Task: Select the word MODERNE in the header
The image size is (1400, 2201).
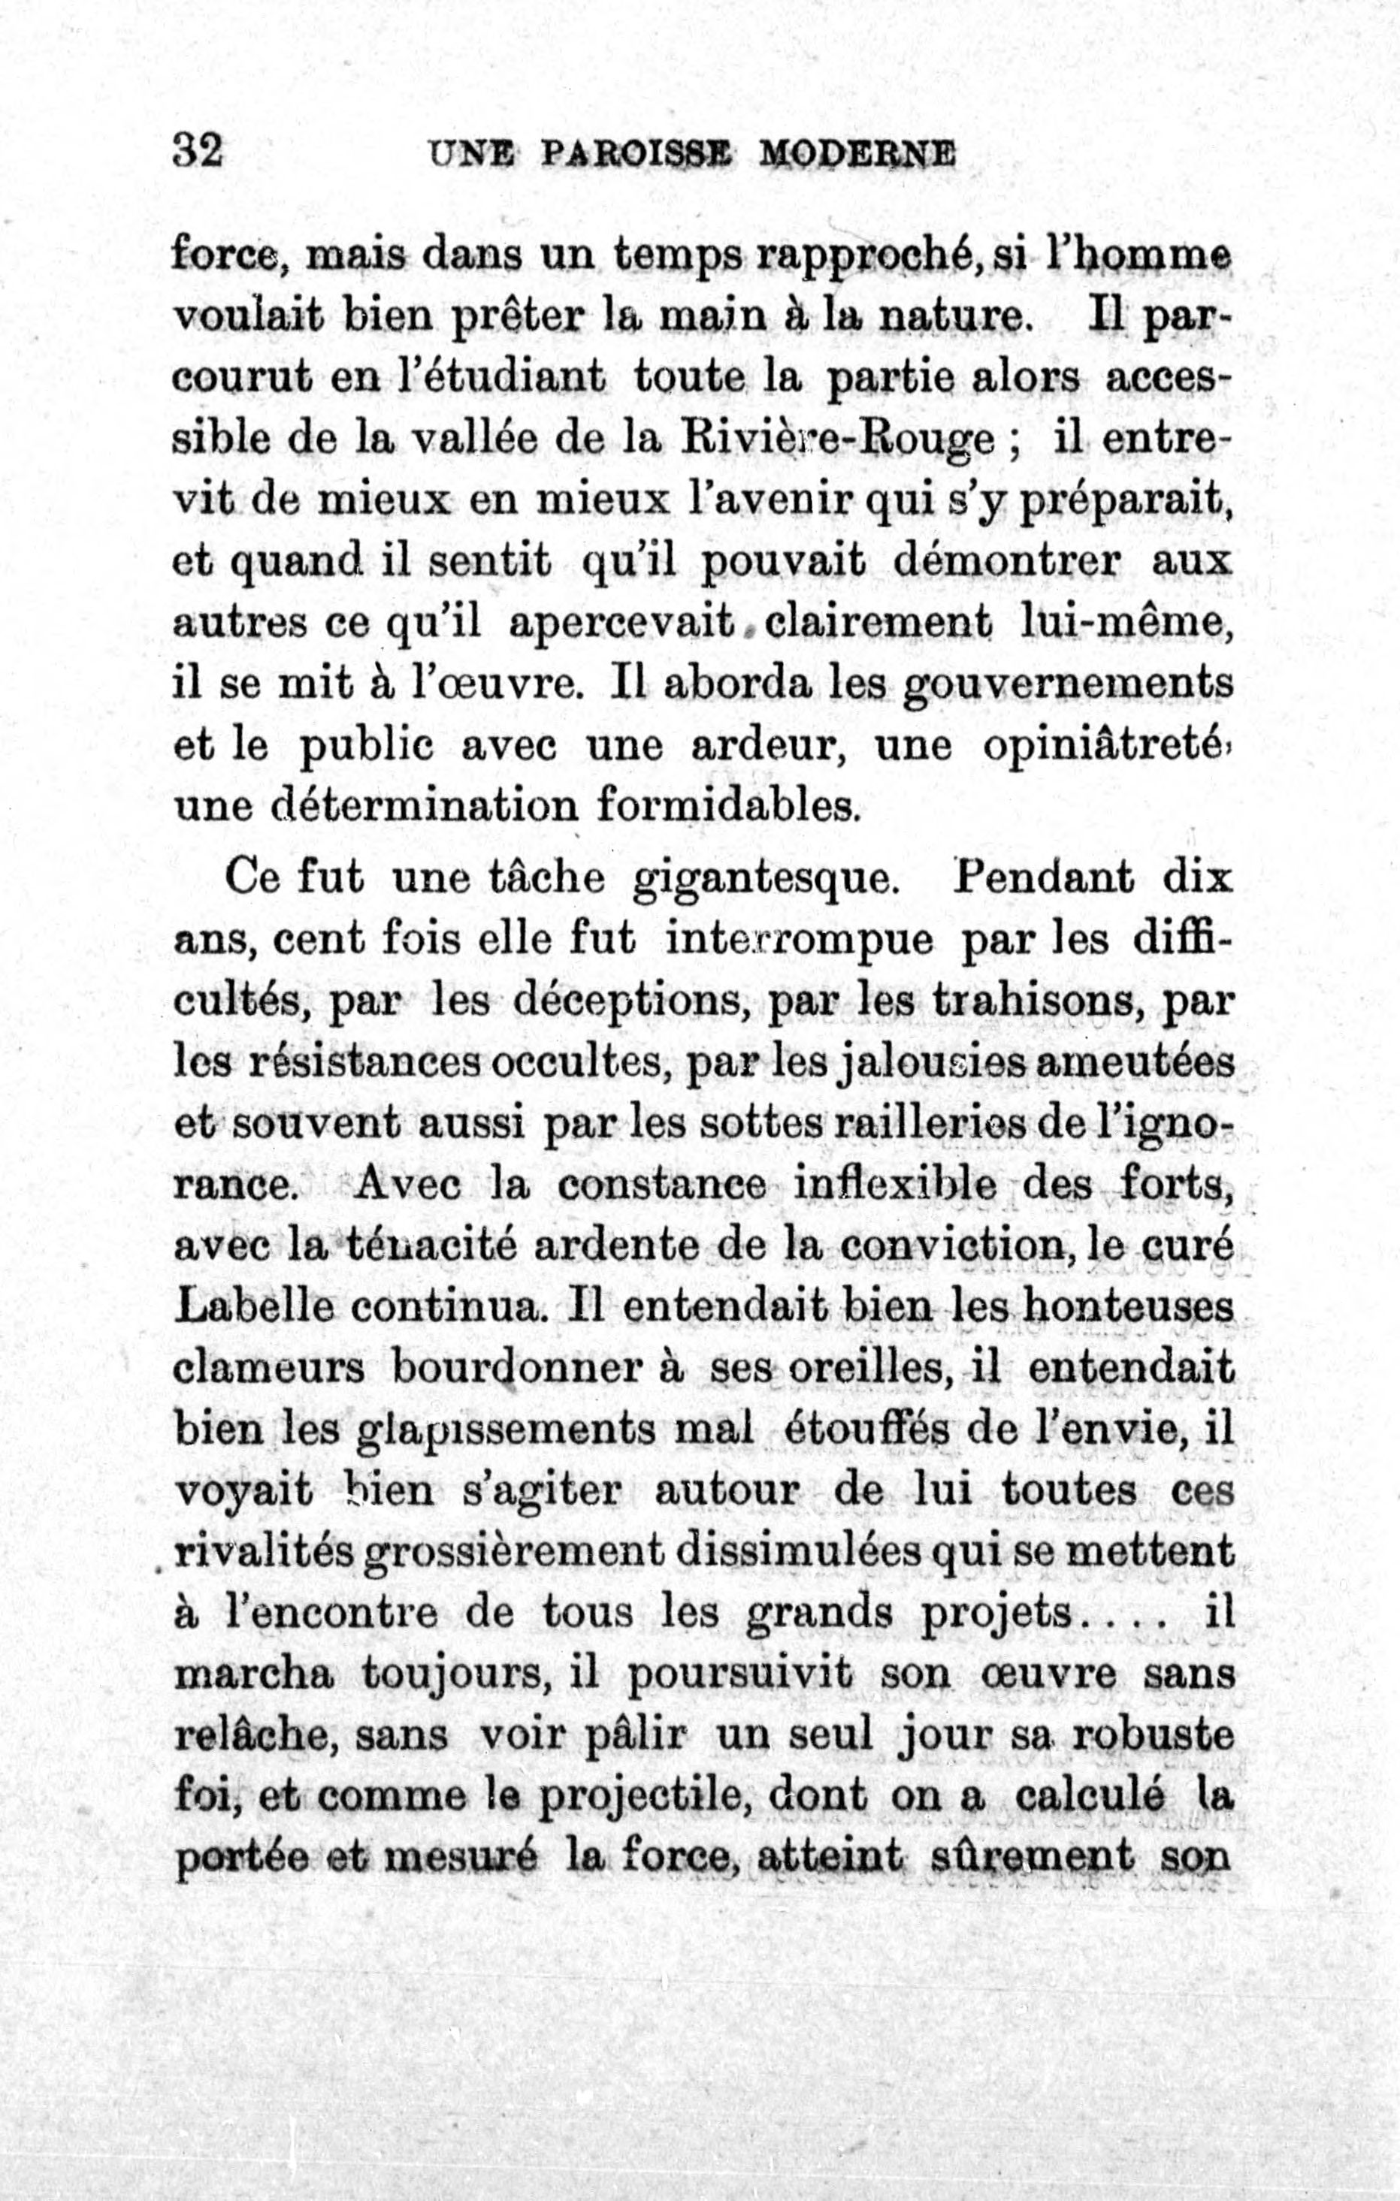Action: [x=857, y=152]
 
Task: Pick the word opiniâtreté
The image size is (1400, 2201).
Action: [x=1103, y=746]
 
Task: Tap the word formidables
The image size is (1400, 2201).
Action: [x=728, y=806]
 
